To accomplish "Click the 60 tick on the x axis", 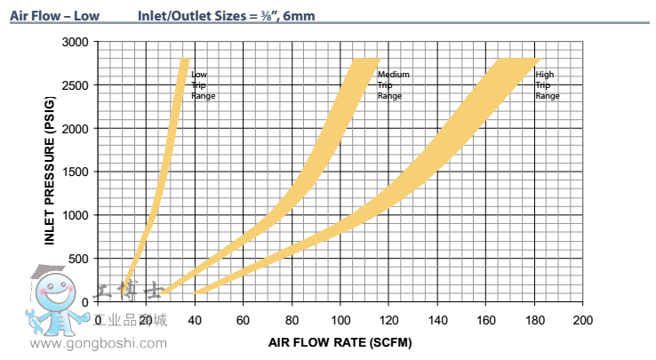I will [x=243, y=319].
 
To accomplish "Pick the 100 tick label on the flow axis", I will [x=340, y=319].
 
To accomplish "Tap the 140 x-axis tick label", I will [x=436, y=319].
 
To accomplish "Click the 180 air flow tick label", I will [x=533, y=319].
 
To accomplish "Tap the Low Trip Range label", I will [x=203, y=85].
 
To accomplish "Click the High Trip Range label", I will [x=548, y=85].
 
